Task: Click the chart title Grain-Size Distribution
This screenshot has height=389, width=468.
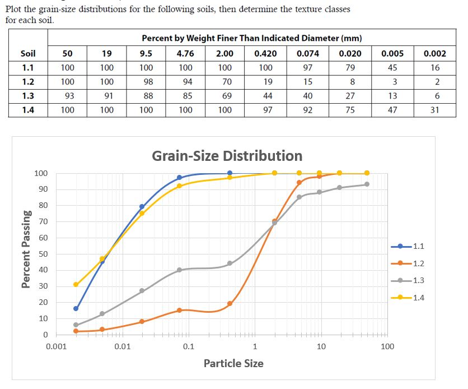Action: (x=227, y=155)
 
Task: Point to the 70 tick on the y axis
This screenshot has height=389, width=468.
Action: (x=43, y=222)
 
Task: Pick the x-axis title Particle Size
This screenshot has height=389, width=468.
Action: (x=233, y=364)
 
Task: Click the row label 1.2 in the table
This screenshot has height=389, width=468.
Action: (x=27, y=82)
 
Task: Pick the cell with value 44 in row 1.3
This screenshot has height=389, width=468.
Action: (x=267, y=96)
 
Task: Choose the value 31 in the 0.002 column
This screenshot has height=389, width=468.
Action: (x=434, y=110)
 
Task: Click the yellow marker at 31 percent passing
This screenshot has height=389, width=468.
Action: (x=76, y=284)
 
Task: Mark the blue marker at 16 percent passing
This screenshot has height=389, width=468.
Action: (x=76, y=308)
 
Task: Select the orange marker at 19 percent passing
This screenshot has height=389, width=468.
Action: (x=230, y=304)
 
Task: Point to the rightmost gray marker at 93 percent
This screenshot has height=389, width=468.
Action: (x=367, y=184)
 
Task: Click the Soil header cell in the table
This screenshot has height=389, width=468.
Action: (x=27, y=54)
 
